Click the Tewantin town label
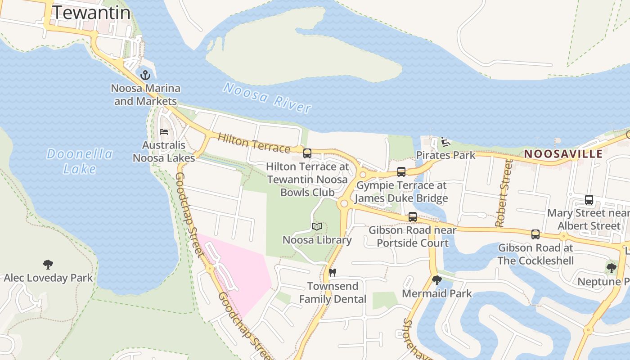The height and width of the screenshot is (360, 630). (x=91, y=13)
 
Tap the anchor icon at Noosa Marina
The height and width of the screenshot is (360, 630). (x=145, y=75)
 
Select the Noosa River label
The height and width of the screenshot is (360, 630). (x=267, y=97)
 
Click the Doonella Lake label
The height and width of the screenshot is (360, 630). (x=80, y=161)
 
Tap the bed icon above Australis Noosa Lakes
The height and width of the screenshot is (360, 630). (x=164, y=132)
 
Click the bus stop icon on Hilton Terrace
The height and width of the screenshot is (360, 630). (x=307, y=153)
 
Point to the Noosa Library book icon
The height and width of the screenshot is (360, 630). (x=317, y=226)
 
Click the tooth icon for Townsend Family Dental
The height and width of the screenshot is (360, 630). (x=333, y=272)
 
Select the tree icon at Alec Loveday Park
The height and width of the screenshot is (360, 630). (x=48, y=265)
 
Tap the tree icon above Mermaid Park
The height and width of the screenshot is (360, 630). (x=436, y=280)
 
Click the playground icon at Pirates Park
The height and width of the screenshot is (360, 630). (x=445, y=142)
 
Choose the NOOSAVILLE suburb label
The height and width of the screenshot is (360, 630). (x=563, y=154)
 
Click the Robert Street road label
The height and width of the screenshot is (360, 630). (x=504, y=193)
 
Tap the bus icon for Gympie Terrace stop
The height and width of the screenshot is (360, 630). (x=401, y=172)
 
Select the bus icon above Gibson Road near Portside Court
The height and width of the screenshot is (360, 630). (x=412, y=217)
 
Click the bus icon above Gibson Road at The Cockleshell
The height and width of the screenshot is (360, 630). (x=535, y=234)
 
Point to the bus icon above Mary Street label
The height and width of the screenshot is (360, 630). (x=589, y=200)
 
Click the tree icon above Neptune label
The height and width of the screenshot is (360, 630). (x=611, y=268)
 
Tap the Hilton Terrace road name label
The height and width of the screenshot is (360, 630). (x=254, y=143)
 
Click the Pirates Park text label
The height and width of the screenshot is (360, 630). (x=445, y=155)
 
